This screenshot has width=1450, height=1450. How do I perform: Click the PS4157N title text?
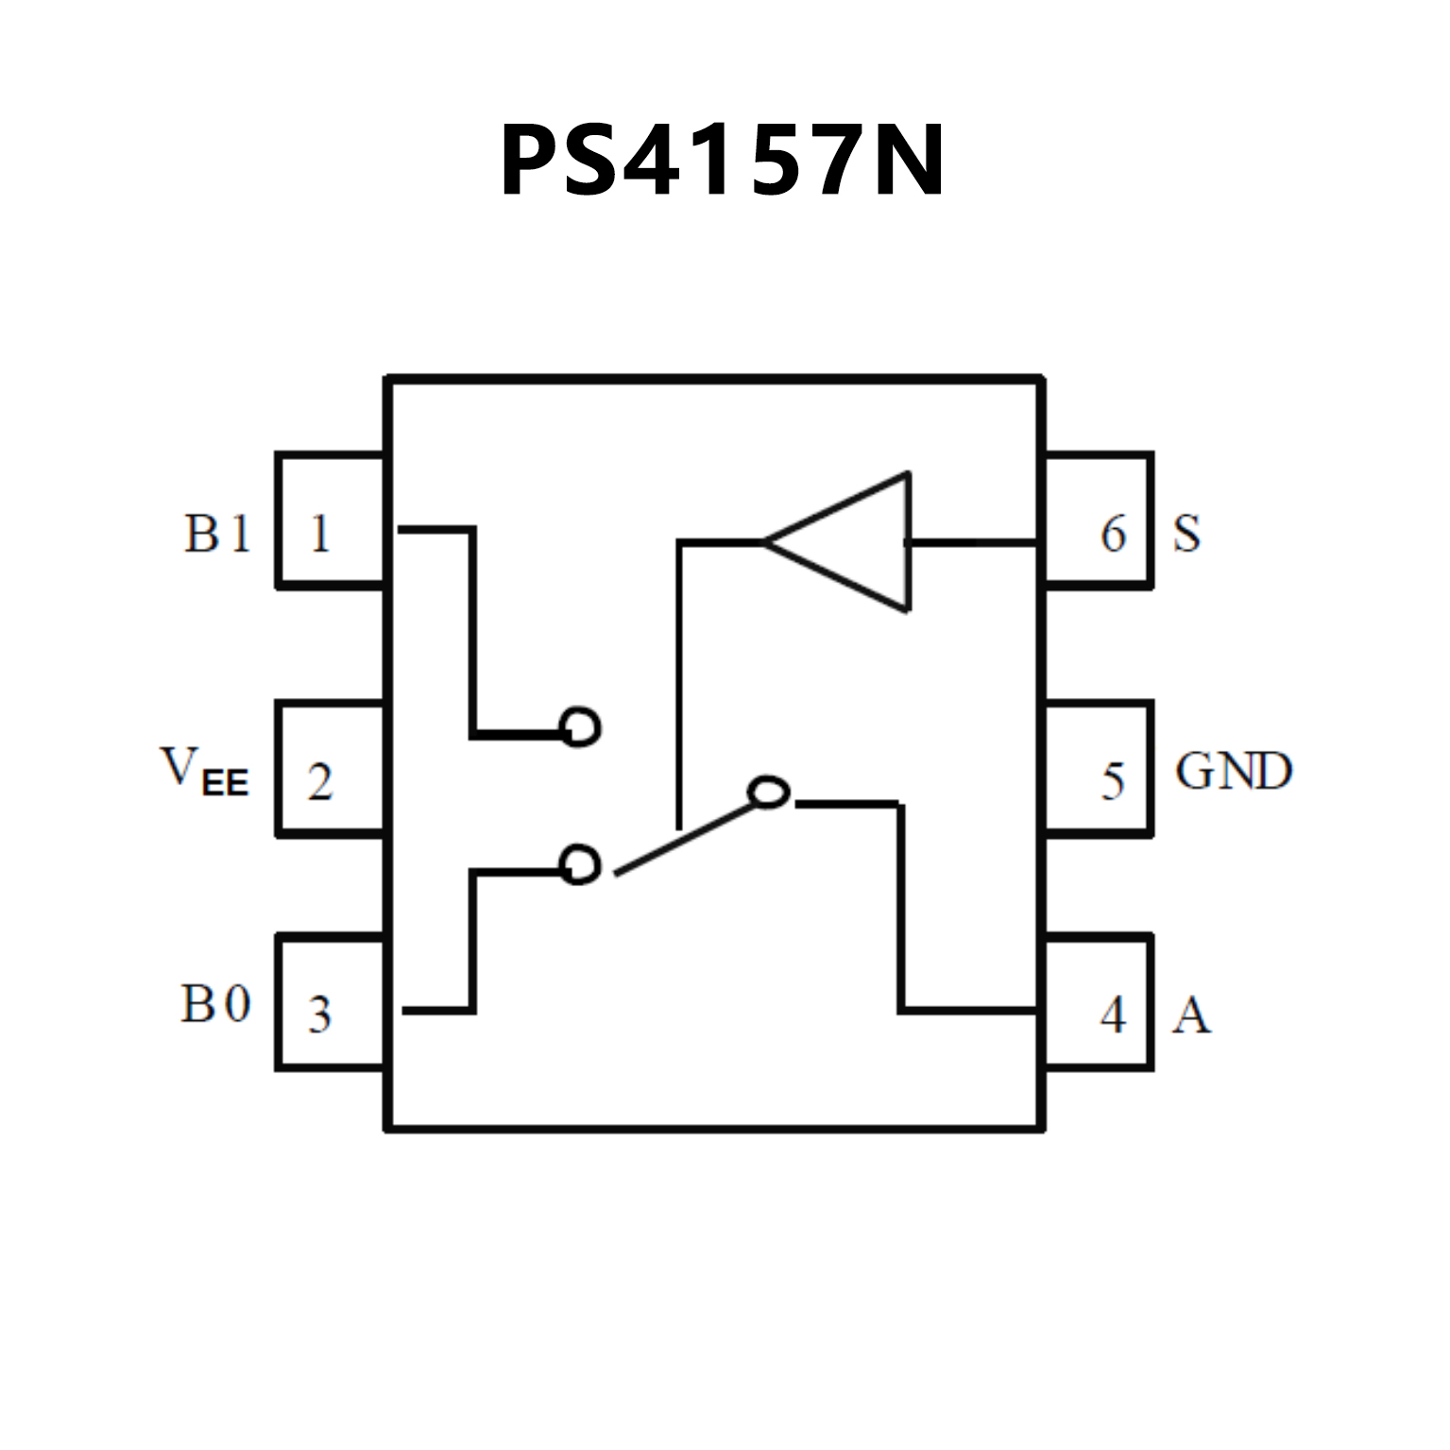point(723,162)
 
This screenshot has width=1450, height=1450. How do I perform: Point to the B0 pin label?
point(215,1003)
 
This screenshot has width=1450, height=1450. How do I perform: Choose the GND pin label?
point(1233,771)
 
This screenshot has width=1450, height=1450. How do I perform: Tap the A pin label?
point(1191,1015)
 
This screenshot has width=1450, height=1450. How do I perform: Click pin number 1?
point(320,535)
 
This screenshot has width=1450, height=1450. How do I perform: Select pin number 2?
point(320,782)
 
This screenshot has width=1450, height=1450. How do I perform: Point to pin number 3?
point(320,1015)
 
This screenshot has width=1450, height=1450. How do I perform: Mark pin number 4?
point(1114,1015)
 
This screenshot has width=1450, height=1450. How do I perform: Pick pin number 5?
point(1114,782)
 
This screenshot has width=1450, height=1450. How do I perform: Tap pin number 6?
point(1114,535)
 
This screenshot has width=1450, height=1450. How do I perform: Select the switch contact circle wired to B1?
point(580,726)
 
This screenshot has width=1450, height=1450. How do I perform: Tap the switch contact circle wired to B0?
point(580,864)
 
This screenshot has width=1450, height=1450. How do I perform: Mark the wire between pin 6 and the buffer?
point(973,542)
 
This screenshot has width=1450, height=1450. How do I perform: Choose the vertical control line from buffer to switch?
point(678,680)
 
